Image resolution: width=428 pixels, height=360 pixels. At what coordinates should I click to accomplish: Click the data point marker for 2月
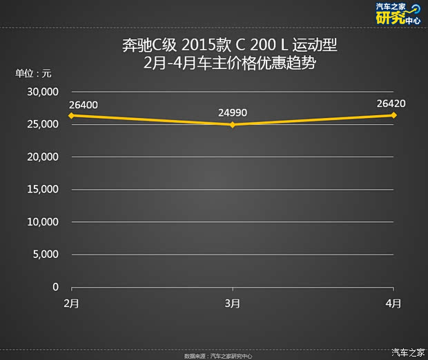[x=70, y=115]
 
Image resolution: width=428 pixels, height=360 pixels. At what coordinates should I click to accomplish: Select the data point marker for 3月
[x=233, y=125]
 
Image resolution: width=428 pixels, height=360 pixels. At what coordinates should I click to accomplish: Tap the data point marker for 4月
[x=393, y=115]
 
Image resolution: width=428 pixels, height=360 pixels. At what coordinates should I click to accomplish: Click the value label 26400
[x=84, y=105]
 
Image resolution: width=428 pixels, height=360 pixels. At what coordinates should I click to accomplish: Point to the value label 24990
[x=233, y=113]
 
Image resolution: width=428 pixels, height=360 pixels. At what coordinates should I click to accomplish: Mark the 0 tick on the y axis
[x=56, y=287]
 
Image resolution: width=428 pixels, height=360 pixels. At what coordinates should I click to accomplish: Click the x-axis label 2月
[x=70, y=303]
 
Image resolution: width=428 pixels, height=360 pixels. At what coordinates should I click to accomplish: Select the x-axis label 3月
[x=233, y=303]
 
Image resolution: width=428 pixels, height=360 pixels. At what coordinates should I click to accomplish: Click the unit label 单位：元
[x=33, y=74]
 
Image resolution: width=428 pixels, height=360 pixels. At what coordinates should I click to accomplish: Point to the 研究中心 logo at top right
[x=398, y=14]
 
